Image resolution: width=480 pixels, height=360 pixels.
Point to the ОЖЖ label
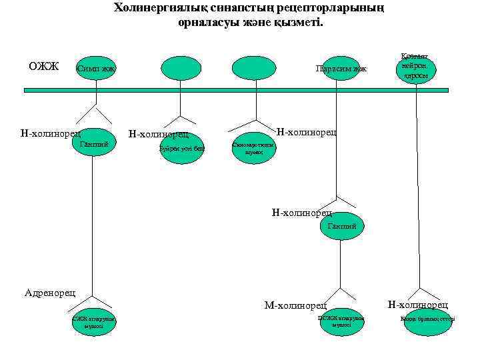coord(43,67)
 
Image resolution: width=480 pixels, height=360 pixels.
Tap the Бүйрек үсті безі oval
coord(181,148)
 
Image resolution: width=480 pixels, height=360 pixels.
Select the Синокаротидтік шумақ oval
coord(252,148)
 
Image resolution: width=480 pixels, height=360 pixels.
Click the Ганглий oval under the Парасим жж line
coord(343,227)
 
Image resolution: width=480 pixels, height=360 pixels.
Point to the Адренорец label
coord(50,292)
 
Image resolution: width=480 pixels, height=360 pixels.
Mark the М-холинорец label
coord(295,306)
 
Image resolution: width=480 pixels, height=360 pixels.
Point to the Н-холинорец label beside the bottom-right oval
coord(418,305)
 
